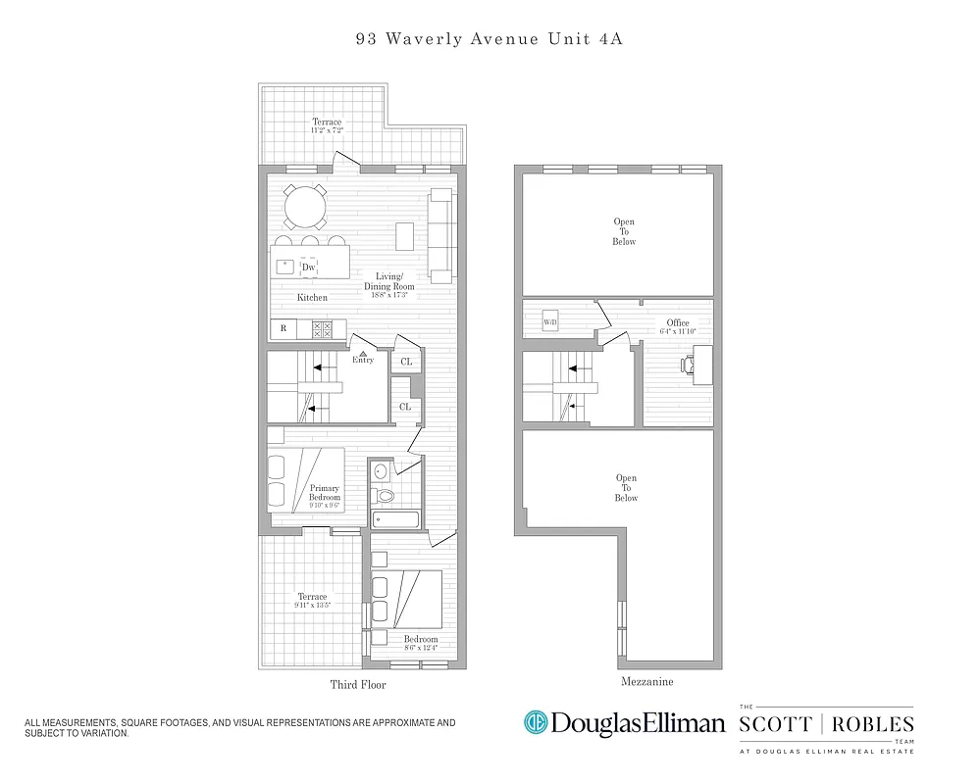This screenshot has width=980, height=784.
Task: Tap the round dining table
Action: pyautogui.click(x=305, y=207)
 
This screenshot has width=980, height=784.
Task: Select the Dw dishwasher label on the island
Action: pyautogui.click(x=308, y=267)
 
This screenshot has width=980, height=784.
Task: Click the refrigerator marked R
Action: pyautogui.click(x=284, y=329)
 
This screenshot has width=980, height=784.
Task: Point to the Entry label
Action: pyautogui.click(x=363, y=360)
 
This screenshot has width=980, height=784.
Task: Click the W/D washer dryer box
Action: pyautogui.click(x=550, y=322)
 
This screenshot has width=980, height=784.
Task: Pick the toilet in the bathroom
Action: pyautogui.click(x=385, y=496)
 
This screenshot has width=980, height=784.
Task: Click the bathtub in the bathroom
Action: pyautogui.click(x=396, y=518)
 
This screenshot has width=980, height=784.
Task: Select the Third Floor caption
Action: pyautogui.click(x=358, y=685)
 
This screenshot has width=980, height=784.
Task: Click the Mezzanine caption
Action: pyautogui.click(x=646, y=681)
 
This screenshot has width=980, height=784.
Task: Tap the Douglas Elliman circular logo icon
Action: pyautogui.click(x=535, y=723)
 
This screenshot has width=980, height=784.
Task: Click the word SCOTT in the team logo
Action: pyautogui.click(x=774, y=724)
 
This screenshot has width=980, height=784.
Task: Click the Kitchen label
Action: pyautogui.click(x=312, y=297)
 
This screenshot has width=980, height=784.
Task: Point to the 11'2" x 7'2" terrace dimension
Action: pyautogui.click(x=327, y=129)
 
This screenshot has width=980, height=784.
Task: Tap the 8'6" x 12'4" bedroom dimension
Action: pyautogui.click(x=421, y=647)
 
